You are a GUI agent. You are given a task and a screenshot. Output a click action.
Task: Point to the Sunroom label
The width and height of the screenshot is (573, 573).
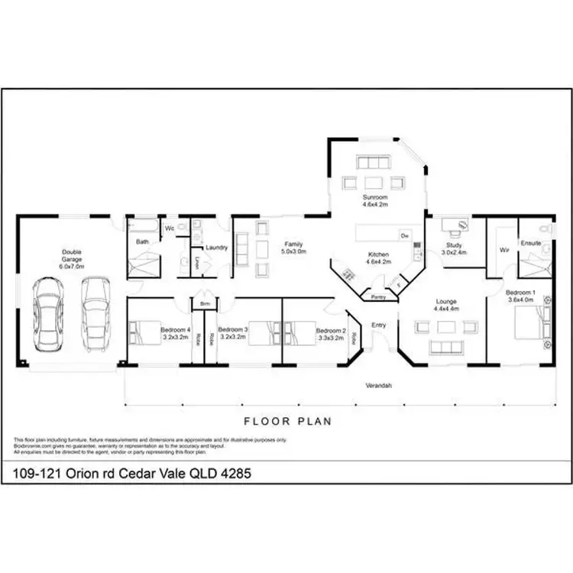(x=375, y=201)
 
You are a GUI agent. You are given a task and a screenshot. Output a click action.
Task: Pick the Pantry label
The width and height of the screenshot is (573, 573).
(x=377, y=296)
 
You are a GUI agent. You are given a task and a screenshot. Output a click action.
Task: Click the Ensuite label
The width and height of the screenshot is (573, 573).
(x=531, y=243)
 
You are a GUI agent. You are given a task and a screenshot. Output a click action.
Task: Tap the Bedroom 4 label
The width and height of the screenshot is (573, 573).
(x=175, y=333)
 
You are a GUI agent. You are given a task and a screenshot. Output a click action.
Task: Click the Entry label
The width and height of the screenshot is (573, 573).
(x=378, y=325)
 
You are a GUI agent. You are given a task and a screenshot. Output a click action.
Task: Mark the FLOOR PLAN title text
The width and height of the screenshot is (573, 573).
(x=287, y=420)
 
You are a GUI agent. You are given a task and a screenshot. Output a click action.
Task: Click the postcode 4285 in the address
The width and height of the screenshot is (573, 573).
(x=235, y=474)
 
